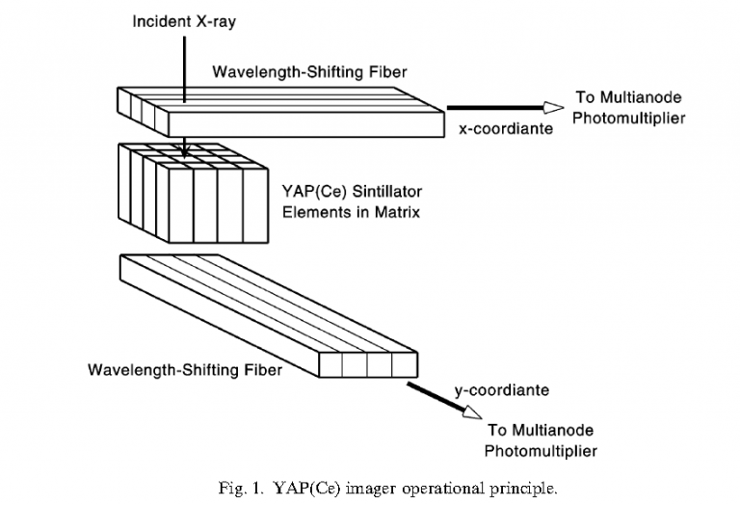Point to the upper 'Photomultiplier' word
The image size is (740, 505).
tap(629, 119)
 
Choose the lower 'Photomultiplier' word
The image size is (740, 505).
tap(541, 450)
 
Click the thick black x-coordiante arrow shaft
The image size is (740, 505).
tap(491, 108)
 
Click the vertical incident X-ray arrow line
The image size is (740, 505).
tap(182, 87)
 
